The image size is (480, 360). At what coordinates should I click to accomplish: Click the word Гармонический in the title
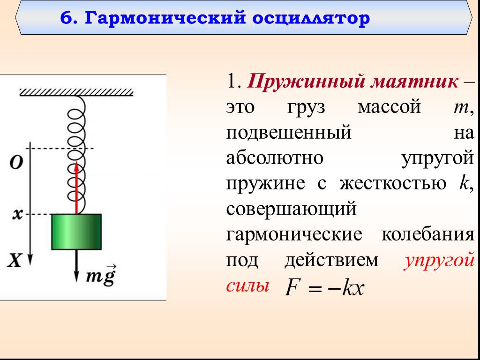pyautogui.click(x=165, y=18)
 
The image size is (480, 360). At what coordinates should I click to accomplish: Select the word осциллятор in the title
pyautogui.click(x=311, y=18)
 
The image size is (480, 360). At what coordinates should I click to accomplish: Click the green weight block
pyautogui.click(x=76, y=232)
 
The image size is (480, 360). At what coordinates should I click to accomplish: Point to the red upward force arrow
pyautogui.click(x=76, y=187)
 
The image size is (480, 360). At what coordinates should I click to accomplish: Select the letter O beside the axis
pyautogui.click(x=16, y=162)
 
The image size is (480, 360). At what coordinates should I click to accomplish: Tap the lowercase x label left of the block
pyautogui.click(x=17, y=215)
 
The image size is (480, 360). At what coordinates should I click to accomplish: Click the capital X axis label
pyautogui.click(x=15, y=261)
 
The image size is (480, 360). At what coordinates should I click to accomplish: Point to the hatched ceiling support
pyautogui.click(x=76, y=92)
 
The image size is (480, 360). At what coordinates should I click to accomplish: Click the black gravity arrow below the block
pyautogui.click(x=76, y=266)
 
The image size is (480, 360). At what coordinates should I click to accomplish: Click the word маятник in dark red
pyautogui.click(x=414, y=82)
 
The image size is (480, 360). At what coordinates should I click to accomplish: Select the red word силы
pyautogui.click(x=248, y=286)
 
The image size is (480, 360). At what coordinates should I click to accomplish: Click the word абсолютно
pyautogui.click(x=275, y=158)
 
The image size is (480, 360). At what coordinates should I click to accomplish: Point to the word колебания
pyautogui.click(x=427, y=235)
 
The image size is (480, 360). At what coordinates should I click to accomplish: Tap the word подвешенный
pyautogui.click(x=288, y=133)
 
